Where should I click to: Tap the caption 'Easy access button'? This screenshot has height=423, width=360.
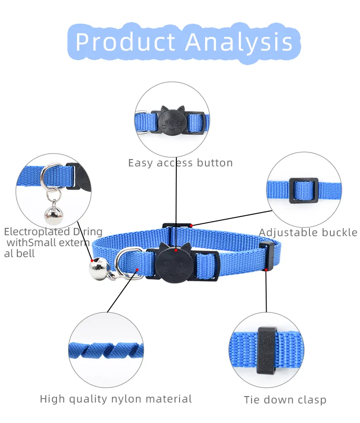click(x=180, y=163)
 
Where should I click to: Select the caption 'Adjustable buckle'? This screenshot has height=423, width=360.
click(x=308, y=232)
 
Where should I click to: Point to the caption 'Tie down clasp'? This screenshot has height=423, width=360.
click(x=285, y=400)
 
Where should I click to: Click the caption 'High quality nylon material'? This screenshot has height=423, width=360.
click(x=116, y=399)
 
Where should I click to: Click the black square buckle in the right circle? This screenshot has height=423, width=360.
click(x=303, y=190)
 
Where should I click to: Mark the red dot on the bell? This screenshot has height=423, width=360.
click(x=93, y=261)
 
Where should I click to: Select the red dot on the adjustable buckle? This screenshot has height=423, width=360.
click(x=192, y=225)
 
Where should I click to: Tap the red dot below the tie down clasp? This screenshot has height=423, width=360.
click(x=266, y=270)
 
